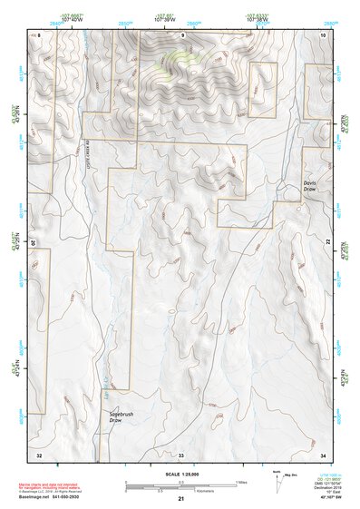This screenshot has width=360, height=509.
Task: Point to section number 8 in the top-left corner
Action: coord(40,34)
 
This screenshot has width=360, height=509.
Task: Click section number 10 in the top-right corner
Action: coord(322,34)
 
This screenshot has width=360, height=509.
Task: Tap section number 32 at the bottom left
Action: coord(39,453)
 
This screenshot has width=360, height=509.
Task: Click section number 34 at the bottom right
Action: coord(322,453)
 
